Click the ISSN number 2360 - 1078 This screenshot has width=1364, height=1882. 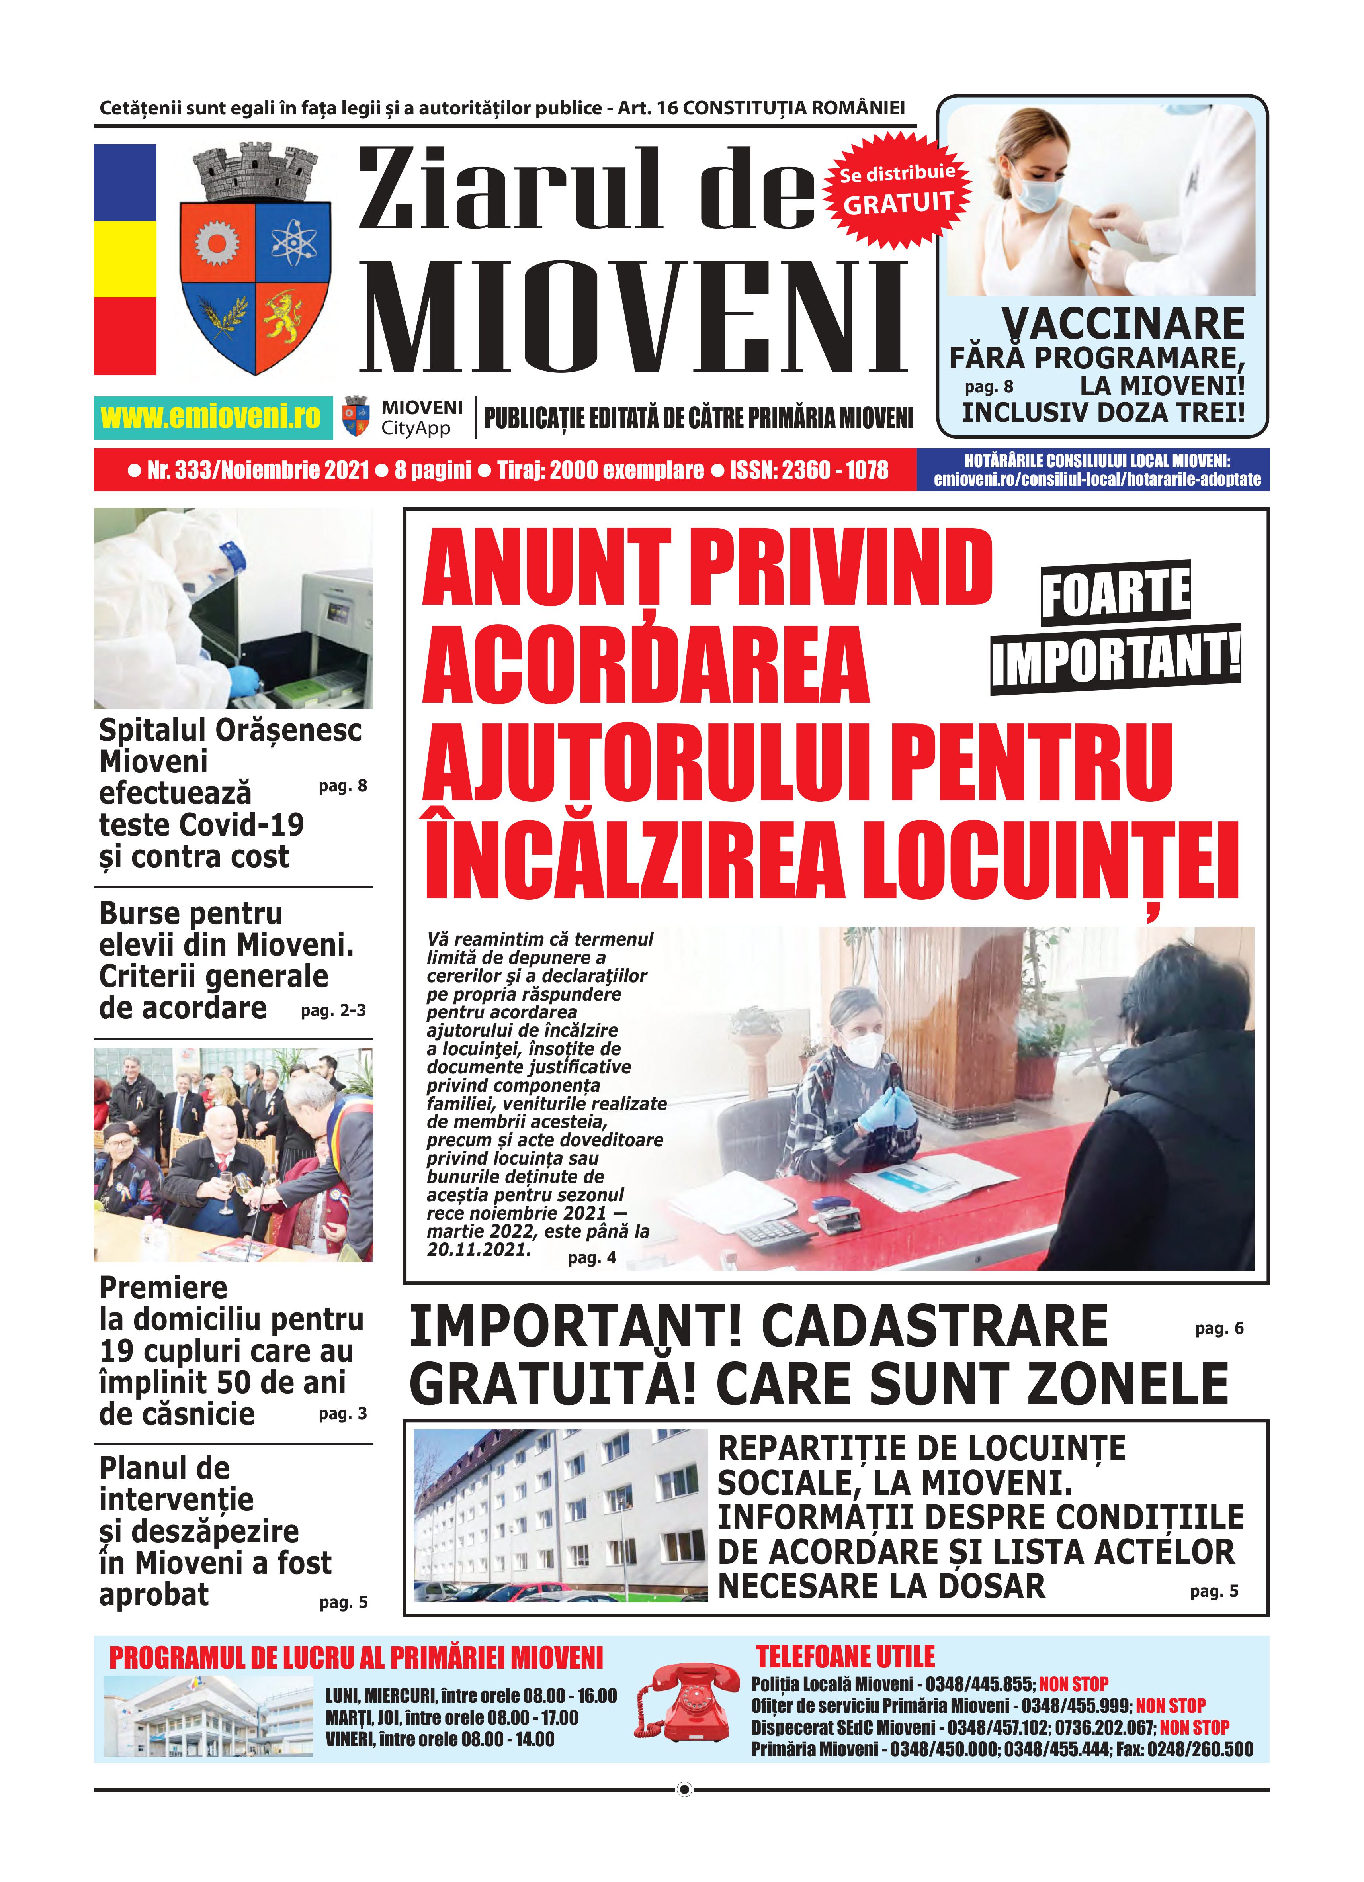click(834, 470)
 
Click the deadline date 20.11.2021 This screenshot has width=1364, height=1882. click(479, 1249)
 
